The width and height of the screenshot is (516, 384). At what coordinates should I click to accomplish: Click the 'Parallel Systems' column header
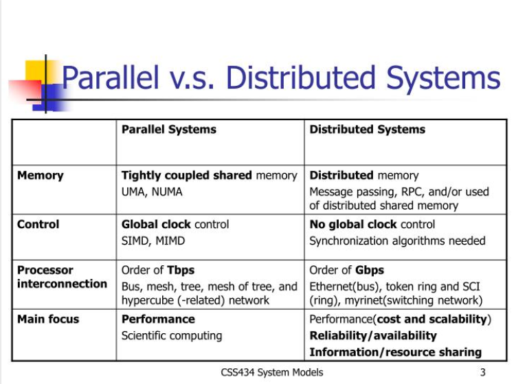point(169,129)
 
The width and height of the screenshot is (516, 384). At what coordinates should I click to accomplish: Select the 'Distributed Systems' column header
point(367,129)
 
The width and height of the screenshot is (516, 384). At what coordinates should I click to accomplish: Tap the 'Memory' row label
point(40,175)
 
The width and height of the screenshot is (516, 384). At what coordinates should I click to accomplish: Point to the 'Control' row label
point(38,224)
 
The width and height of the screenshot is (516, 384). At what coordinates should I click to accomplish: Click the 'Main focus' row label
point(48,319)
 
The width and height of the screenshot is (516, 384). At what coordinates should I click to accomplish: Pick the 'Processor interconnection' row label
point(62,277)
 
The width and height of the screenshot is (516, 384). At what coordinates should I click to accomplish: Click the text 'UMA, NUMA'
point(152,192)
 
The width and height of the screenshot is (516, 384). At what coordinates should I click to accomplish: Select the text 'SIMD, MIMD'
point(153,240)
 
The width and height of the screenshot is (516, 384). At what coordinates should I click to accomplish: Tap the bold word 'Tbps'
point(181,270)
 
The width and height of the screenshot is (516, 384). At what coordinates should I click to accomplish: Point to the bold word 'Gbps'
point(370,270)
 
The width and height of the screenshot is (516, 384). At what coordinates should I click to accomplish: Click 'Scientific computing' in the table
point(172,335)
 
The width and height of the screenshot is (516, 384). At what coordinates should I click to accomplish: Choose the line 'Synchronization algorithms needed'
point(397,240)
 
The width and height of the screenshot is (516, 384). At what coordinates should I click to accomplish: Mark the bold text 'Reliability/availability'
point(373,335)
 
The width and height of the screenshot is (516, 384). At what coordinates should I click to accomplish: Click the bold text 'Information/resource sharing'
point(395,352)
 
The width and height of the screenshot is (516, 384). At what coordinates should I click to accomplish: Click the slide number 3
point(483,372)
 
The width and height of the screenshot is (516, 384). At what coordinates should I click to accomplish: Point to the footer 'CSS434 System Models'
point(272,372)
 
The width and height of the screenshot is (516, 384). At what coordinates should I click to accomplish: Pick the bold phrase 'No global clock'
point(353,224)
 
